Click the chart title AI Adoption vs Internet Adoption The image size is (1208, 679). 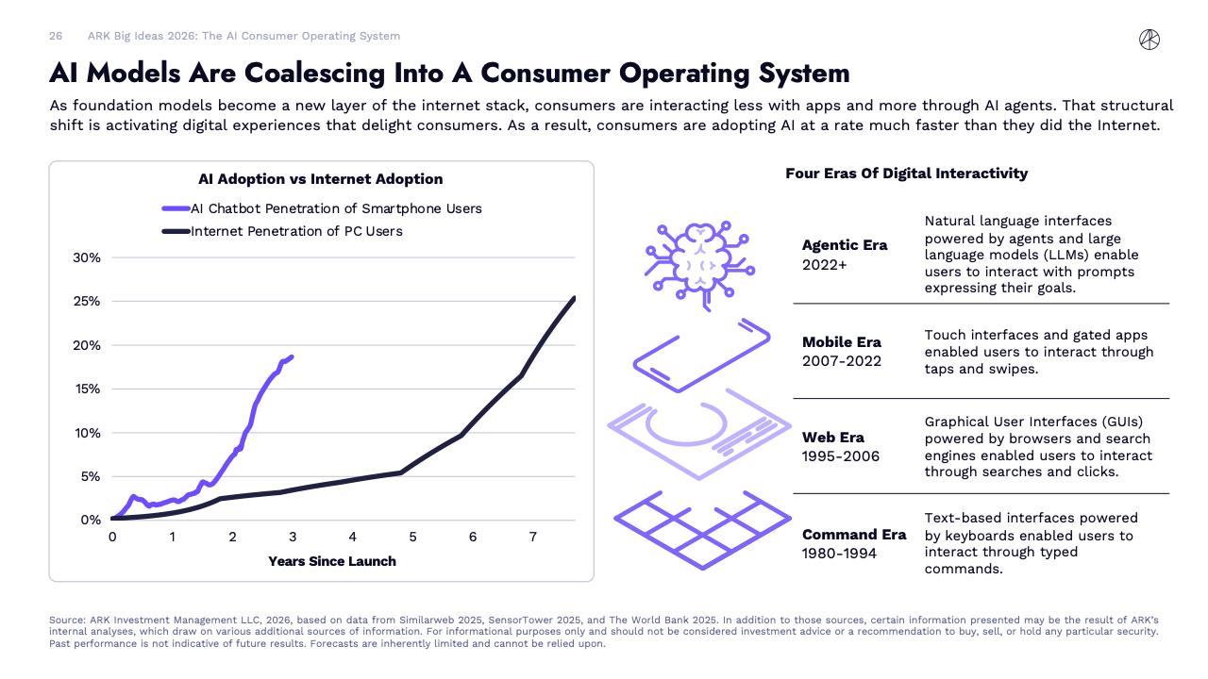click(320, 179)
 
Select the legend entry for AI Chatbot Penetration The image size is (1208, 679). click(336, 208)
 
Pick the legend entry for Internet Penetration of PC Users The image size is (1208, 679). click(296, 231)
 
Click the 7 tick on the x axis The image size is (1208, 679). click(532, 538)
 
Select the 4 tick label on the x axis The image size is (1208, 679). click(352, 538)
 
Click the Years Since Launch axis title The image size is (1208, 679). click(331, 561)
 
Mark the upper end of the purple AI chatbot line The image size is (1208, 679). click(292, 356)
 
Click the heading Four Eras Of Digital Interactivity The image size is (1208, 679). click(906, 174)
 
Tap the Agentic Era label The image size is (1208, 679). click(845, 245)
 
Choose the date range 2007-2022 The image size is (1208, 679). click(842, 361)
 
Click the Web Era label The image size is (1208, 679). click(833, 438)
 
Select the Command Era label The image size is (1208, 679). click(854, 535)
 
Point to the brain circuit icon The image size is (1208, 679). click(698, 260)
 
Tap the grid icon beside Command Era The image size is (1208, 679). click(702, 528)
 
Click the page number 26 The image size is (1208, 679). click(56, 36)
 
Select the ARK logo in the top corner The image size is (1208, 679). click(1149, 39)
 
